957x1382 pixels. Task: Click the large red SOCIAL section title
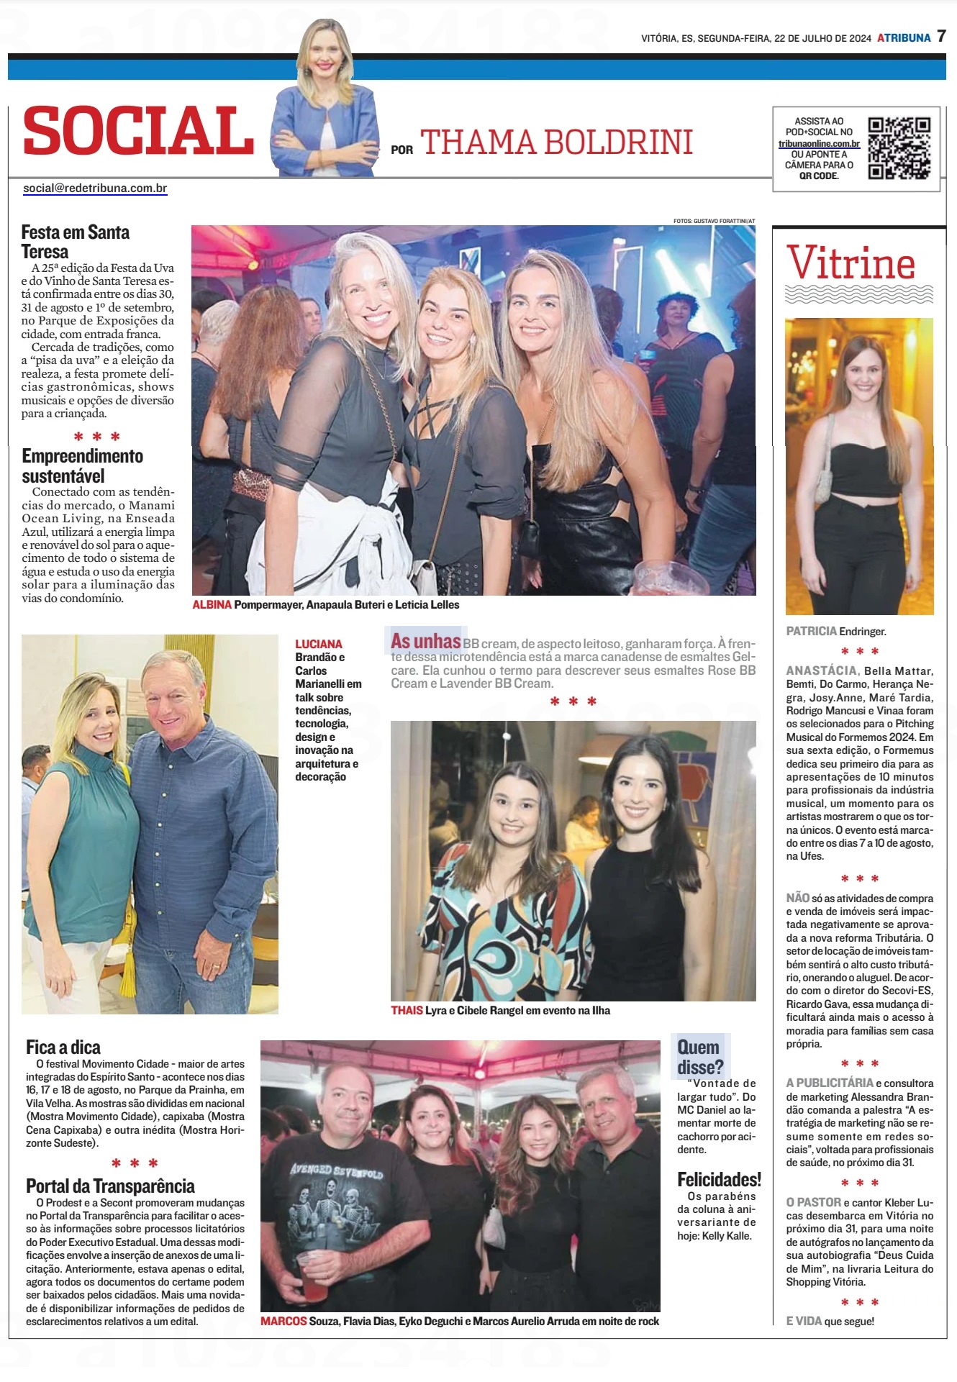(x=138, y=130)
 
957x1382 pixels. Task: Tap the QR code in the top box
(x=899, y=147)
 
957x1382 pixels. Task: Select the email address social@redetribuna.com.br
(x=95, y=188)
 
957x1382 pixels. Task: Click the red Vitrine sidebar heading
(x=851, y=263)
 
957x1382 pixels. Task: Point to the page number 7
(x=941, y=37)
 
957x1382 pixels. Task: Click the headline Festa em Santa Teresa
(x=75, y=242)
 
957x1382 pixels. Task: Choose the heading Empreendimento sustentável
(x=82, y=465)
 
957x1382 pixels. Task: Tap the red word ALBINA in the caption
(x=212, y=605)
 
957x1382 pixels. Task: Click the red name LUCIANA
(x=318, y=644)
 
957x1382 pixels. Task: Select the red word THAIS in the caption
(x=407, y=1010)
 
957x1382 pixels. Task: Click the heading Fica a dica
(x=63, y=1047)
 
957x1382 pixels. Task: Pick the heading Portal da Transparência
(x=110, y=1186)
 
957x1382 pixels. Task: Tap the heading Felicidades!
(x=719, y=1180)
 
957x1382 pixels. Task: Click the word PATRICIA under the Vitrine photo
(x=811, y=631)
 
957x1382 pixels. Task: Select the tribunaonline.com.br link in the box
(x=819, y=143)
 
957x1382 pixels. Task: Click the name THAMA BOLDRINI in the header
(x=556, y=142)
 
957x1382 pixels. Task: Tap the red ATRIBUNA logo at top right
(x=904, y=38)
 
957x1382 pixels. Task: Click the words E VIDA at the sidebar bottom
(x=804, y=1321)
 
